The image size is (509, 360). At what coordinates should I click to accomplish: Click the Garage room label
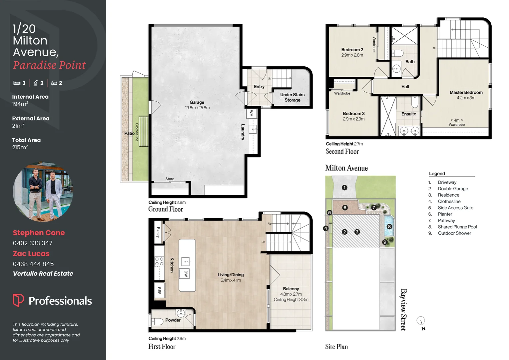[x=197, y=102]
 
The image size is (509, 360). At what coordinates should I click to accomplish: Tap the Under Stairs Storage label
[x=292, y=97]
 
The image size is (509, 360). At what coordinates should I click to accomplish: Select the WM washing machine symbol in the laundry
[x=251, y=113]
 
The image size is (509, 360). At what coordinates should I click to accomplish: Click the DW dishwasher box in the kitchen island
[x=186, y=274]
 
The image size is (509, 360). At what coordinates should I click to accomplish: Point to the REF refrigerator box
[x=159, y=290]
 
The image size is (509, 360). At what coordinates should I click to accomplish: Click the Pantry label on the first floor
[x=159, y=232]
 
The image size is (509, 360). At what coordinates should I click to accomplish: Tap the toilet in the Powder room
[x=157, y=321]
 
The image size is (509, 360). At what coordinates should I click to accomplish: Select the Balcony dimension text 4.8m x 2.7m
[x=291, y=294]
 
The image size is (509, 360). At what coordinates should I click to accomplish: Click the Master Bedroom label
[x=466, y=92]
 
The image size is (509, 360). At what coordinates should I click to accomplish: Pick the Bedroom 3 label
[x=353, y=114]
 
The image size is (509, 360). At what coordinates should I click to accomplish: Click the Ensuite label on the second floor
[x=408, y=114]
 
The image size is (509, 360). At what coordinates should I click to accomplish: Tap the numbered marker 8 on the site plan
[x=389, y=227]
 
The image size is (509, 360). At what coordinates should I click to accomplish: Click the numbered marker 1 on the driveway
[x=344, y=188]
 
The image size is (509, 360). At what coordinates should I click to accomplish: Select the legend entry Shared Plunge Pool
[x=457, y=227]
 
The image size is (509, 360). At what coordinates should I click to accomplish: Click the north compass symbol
[x=421, y=322]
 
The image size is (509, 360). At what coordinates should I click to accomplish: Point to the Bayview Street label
[x=403, y=310]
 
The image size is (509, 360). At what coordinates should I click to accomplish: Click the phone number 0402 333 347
[x=33, y=243]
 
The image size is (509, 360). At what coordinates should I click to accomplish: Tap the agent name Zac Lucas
[x=31, y=254]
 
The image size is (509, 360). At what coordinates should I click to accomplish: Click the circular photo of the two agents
[x=43, y=192]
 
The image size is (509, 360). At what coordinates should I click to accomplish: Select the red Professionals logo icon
[x=18, y=300]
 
